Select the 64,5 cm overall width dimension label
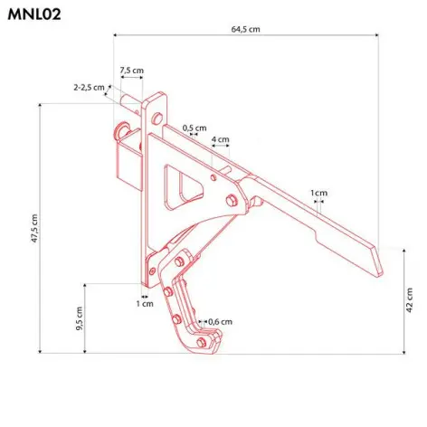pos(245,29)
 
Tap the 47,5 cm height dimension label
pos(34,230)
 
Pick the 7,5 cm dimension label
pos(131,70)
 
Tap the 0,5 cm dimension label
pos(194,128)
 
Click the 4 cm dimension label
pos(220,139)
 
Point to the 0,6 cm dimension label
pos(220,322)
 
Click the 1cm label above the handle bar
pos(318,193)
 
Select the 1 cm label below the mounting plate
pos(145,304)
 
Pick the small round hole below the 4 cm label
pos(213,177)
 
